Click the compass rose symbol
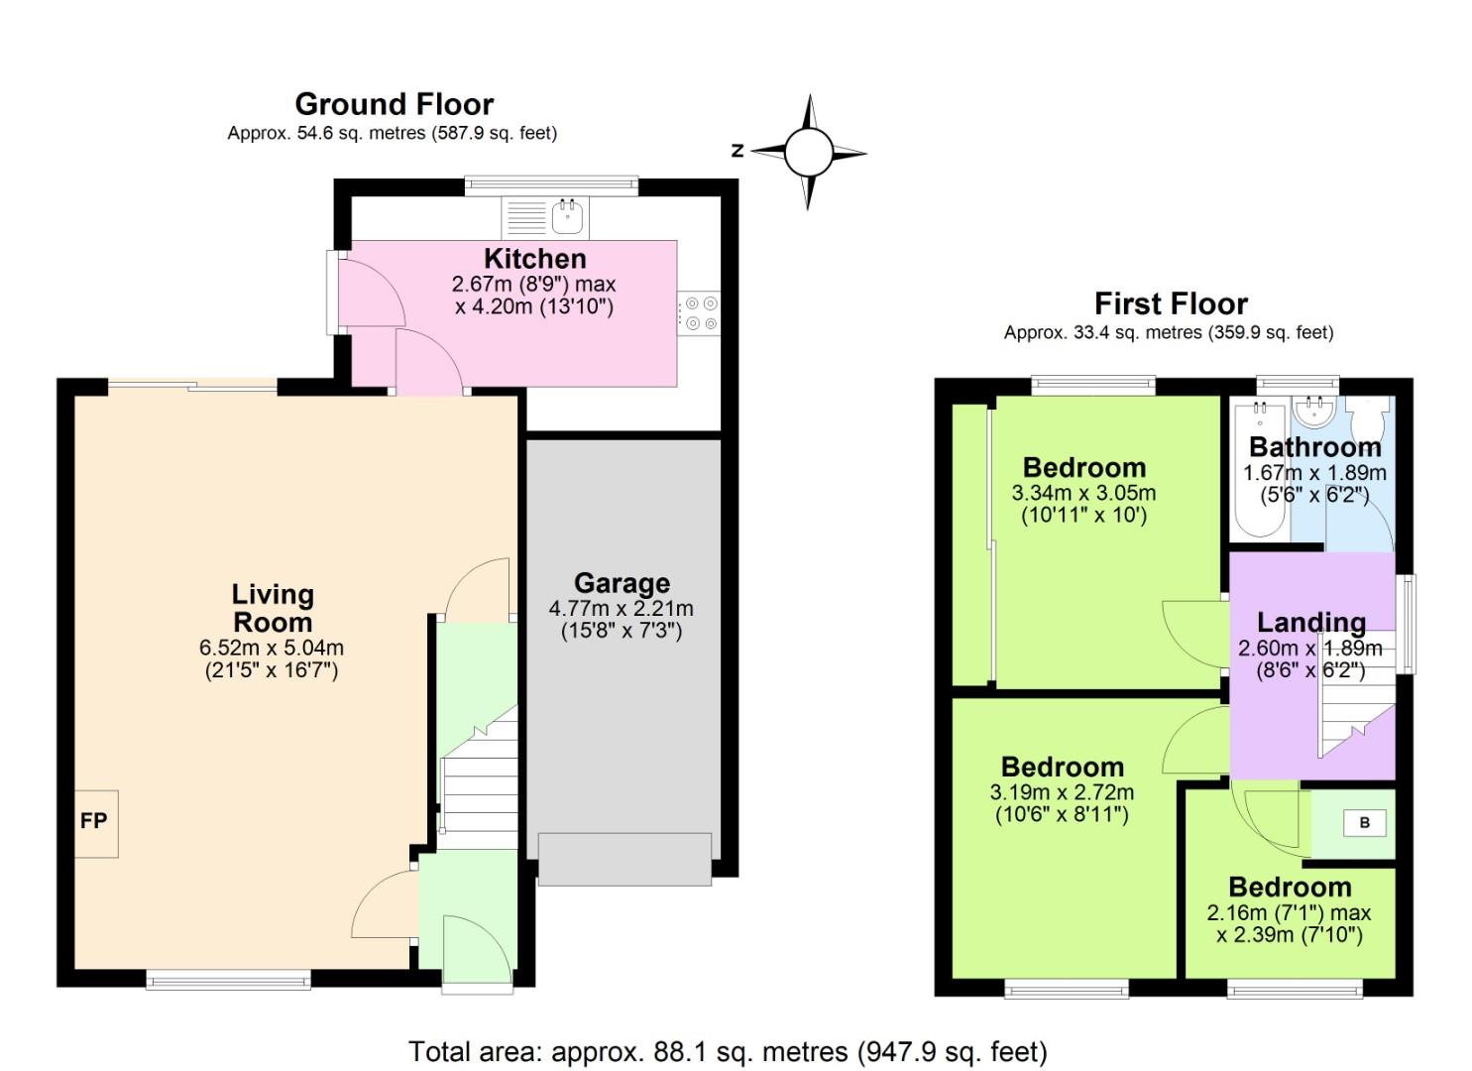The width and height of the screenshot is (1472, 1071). pos(809,153)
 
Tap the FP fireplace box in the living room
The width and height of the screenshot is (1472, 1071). pos(95,823)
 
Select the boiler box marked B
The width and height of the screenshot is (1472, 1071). pos(1364,822)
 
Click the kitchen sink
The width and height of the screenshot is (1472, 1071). pos(567,215)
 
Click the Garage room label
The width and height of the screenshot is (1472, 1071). pos(622,583)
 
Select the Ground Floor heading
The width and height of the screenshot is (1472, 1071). pos(394,104)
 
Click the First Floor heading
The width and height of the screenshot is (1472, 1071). pos(1171,303)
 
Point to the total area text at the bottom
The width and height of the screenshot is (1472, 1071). pos(728,1051)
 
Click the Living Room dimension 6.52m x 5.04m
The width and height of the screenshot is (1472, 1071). pos(272,648)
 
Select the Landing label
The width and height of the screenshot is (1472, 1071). pos(1310,622)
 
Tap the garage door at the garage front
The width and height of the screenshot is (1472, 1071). pos(624,859)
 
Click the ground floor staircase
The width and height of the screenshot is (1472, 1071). pos(479,773)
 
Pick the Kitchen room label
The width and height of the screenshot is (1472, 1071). pos(534,259)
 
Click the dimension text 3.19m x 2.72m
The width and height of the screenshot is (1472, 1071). pos(1062,792)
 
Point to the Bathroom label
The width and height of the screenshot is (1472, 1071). pos(1314,446)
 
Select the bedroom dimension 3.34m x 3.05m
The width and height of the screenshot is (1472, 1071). pos(1083,493)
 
